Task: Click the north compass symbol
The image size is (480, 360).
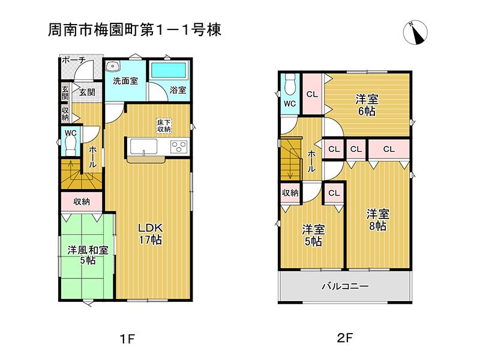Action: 415,32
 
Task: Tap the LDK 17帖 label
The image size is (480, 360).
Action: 151,233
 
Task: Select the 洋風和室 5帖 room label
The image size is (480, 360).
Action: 88,255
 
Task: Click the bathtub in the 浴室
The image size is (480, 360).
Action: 169,70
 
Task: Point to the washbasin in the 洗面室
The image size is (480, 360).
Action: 113,66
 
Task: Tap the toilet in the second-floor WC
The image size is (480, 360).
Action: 289,84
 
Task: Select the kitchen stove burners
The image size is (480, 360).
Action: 179,146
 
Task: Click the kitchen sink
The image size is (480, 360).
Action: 143,146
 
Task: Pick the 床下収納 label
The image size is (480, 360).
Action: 164,126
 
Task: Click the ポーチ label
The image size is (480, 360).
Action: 73,60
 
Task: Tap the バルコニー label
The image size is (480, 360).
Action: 345,287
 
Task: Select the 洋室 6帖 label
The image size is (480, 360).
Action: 367,105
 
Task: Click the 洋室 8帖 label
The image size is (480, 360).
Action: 378,220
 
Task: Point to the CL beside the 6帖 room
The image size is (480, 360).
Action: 312,94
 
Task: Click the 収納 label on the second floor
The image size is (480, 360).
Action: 290,193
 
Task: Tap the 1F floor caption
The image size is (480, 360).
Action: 127,339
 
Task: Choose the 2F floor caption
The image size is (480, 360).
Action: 344,338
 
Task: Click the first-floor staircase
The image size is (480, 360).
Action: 80,174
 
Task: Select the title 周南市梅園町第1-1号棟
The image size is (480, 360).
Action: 134,30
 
